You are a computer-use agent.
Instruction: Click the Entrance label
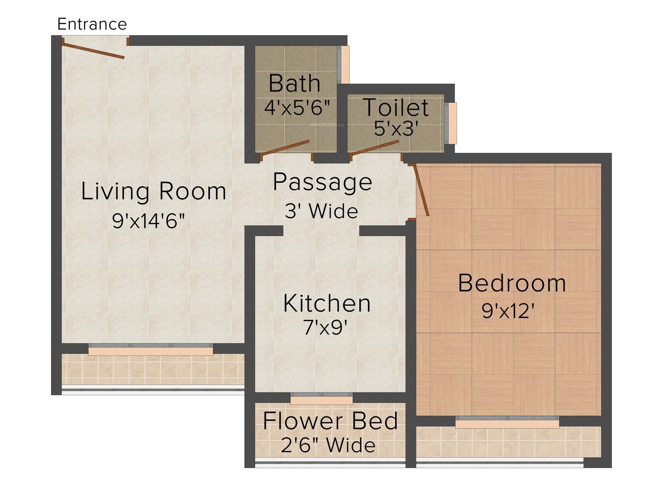tap(92, 24)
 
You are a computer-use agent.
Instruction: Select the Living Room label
tap(154, 191)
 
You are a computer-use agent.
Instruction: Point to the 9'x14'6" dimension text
tap(148, 220)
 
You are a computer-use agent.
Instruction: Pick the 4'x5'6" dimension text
tap(297, 107)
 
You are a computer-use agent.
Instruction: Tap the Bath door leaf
tap(285, 148)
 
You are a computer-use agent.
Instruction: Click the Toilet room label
tap(395, 107)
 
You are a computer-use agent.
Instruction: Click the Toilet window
tap(453, 123)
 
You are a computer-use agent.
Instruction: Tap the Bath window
tap(345, 64)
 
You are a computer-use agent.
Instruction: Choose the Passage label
tap(322, 182)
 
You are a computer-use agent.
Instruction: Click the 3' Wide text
tap(321, 211)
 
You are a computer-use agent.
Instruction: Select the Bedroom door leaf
tap(421, 190)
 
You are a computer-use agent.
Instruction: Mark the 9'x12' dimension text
tap(508, 311)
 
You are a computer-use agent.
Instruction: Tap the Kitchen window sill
tap(321, 401)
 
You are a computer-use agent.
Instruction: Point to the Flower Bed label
tap(330, 421)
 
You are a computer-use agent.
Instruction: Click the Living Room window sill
tap(151, 351)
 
